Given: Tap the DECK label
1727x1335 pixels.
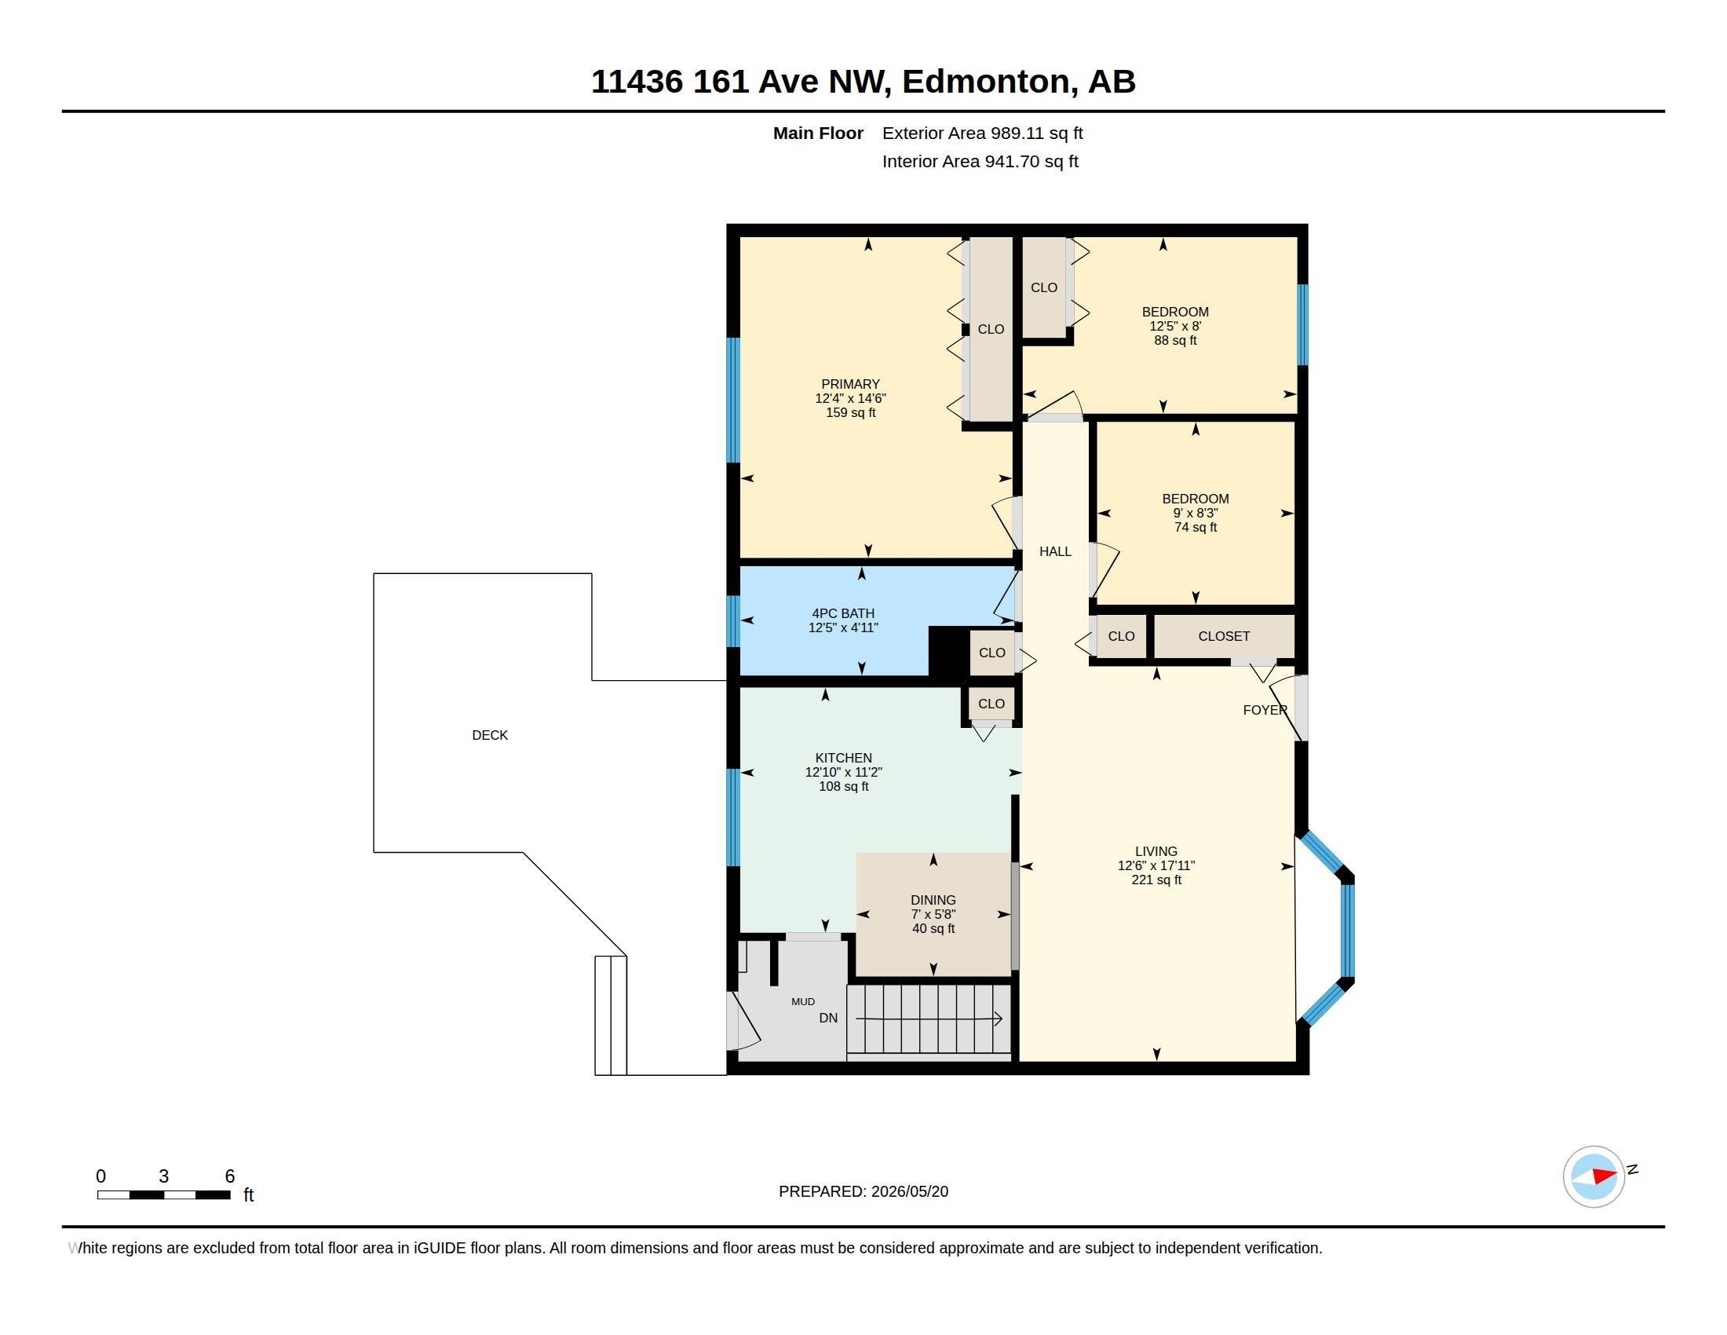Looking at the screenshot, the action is [x=490, y=736].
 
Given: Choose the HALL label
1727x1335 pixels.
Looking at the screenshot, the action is [x=1055, y=552].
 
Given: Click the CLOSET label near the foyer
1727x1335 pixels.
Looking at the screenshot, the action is [x=1223, y=637].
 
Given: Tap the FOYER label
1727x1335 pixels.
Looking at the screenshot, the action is [x=1265, y=710].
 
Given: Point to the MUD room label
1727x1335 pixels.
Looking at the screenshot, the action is [x=802, y=1002].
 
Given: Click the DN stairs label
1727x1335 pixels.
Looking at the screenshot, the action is [x=828, y=1019].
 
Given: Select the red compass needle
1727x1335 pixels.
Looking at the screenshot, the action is [x=1604, y=1176].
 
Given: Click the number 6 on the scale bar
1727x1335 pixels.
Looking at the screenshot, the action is [x=229, y=1176].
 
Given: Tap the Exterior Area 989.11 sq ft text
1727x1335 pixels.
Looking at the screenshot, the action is [x=982, y=133].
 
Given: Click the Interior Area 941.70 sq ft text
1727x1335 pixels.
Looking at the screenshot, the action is [x=980, y=162].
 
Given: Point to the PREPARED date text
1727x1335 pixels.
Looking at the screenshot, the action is [x=863, y=1192].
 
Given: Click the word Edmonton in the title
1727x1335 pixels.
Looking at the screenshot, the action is [x=985, y=82].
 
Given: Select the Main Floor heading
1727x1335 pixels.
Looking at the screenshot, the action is [x=818, y=133].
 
